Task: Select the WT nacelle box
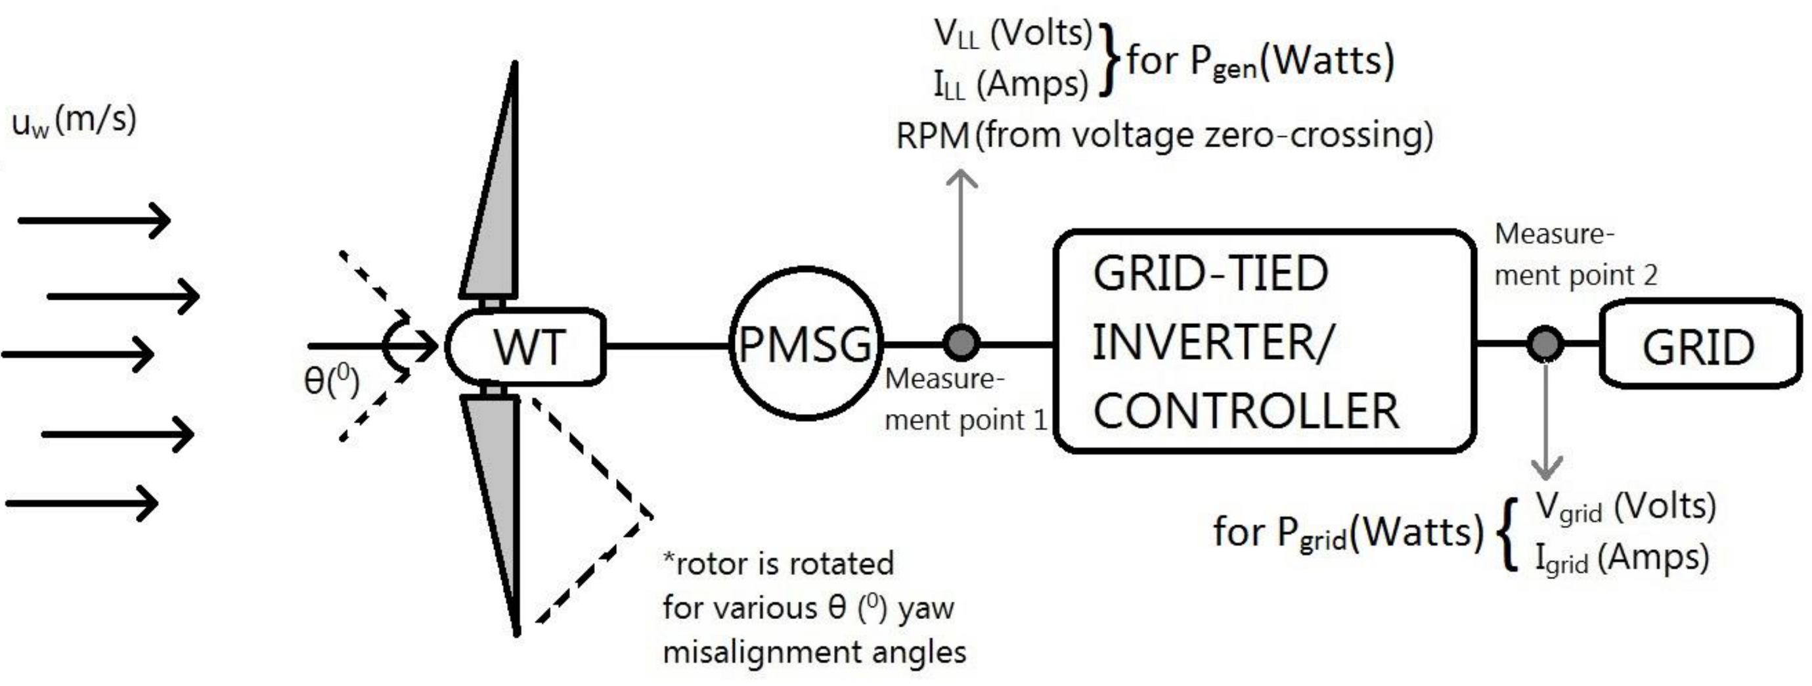tap(526, 346)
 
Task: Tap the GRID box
tap(1700, 345)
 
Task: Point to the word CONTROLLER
tap(1245, 411)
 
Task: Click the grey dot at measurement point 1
tap(961, 342)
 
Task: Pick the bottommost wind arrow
tap(82, 503)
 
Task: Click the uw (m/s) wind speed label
tap(74, 121)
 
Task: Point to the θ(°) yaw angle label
tap(331, 381)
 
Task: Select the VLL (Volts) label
tap(1013, 34)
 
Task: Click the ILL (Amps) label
tap(1011, 84)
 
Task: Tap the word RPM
tap(933, 135)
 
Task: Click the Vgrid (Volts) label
tap(1625, 507)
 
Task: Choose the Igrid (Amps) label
tap(1622, 559)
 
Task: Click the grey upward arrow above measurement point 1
tap(961, 246)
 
